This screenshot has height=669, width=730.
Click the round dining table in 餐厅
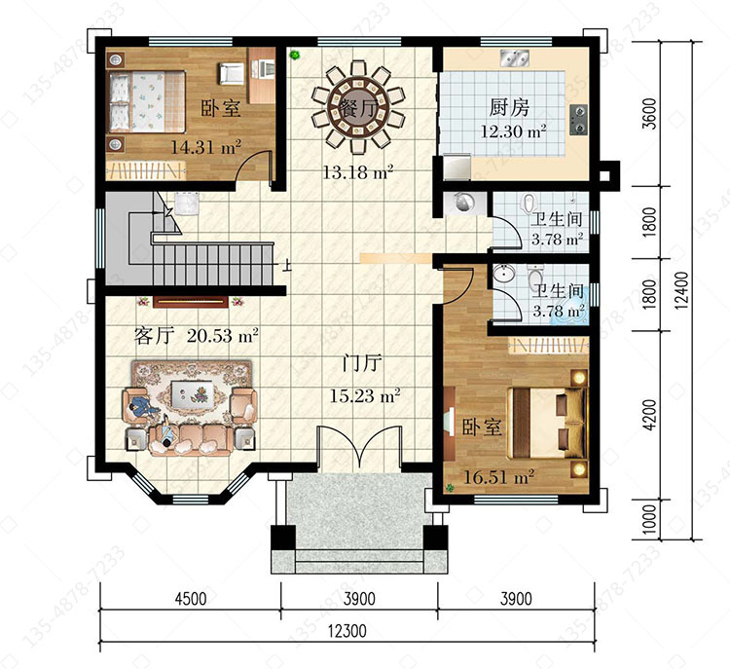coord(358,108)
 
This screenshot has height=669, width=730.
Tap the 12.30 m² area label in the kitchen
coord(513,131)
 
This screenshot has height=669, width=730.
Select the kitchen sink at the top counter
coord(514,57)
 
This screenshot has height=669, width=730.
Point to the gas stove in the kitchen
coord(578,120)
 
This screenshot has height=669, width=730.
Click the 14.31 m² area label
coord(205,147)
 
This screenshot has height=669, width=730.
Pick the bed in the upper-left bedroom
coord(147,101)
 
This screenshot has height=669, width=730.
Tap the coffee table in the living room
coord(192,394)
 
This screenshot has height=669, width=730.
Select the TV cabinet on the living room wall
coord(191,302)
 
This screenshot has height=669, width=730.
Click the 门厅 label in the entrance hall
coord(362,363)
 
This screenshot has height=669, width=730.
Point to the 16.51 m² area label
coord(498,477)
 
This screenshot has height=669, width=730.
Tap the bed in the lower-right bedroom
coord(547,423)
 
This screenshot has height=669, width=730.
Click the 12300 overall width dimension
coord(347,631)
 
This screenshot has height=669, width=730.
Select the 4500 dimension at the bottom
coord(191,598)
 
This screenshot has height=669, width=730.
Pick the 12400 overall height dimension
coord(681,290)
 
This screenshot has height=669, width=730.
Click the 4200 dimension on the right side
coord(651,415)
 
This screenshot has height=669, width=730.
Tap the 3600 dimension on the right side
coord(651,113)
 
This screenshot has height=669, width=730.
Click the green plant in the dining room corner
coord(294,56)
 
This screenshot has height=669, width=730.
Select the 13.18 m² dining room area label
coord(358,172)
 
